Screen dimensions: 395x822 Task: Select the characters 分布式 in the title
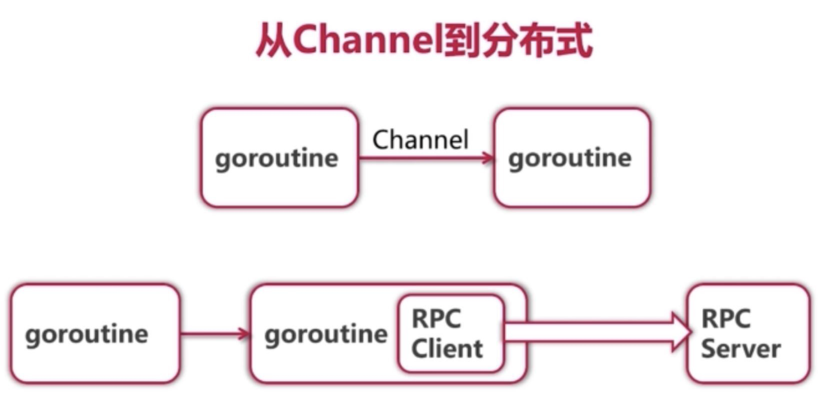click(x=536, y=41)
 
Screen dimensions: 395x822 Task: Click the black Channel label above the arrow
click(x=420, y=140)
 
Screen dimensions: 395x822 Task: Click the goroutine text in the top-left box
click(x=276, y=159)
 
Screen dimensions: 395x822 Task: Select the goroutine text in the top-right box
click(x=570, y=159)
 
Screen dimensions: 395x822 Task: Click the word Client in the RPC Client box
click(x=447, y=349)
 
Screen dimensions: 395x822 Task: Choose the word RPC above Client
click(x=436, y=319)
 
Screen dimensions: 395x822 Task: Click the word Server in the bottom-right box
click(x=741, y=349)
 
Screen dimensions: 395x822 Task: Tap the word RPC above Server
click(x=726, y=319)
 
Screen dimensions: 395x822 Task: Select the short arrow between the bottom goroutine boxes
click(x=214, y=334)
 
